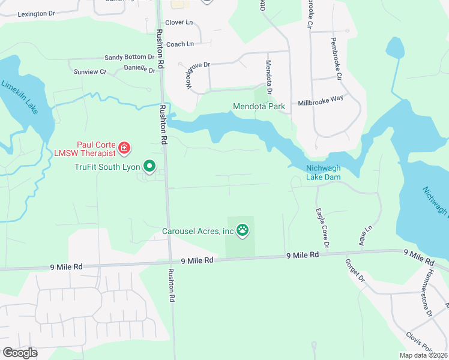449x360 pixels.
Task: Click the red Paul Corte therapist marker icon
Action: point(124,147)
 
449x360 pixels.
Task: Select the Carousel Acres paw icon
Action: point(243,229)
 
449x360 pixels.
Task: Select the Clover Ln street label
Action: point(179,22)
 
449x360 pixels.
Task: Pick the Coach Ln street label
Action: point(180,44)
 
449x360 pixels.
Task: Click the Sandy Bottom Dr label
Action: point(129,58)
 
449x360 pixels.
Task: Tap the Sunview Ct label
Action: point(89,72)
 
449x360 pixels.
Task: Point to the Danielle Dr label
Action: point(139,69)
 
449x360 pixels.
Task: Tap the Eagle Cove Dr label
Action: point(322,228)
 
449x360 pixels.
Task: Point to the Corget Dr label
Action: point(355,270)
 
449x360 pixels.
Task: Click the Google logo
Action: point(20,352)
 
